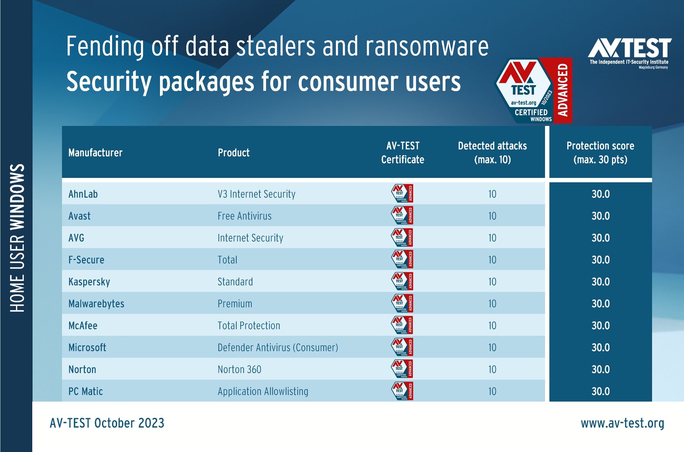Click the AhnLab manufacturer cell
[x=83, y=194]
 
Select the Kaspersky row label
[x=89, y=282]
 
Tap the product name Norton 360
[x=239, y=370]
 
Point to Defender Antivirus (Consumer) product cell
[x=278, y=347]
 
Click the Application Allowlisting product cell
[x=263, y=391]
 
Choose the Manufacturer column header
[x=95, y=153]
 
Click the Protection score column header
[x=600, y=152]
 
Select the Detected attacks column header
[x=492, y=152]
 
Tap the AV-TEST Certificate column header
[x=403, y=152]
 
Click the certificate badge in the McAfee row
[x=402, y=325]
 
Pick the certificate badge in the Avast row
[x=402, y=216]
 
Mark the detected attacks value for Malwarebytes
[x=492, y=304]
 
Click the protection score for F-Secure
[x=600, y=260]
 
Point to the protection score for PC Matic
[x=600, y=391]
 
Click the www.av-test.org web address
[x=622, y=423]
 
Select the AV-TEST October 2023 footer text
[x=107, y=423]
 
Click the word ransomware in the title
[x=427, y=47]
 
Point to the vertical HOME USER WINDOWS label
[x=17, y=238]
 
